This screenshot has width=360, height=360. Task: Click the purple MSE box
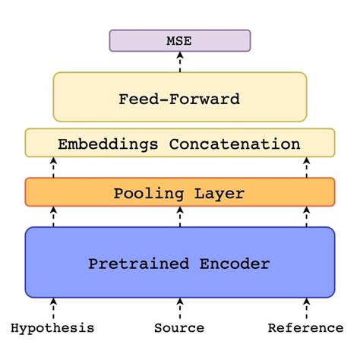click(179, 40)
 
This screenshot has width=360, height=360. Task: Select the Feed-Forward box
click(179, 98)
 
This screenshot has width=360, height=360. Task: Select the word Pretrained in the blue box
click(139, 264)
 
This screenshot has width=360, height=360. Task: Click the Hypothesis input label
click(53, 328)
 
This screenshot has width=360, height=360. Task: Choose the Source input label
click(179, 328)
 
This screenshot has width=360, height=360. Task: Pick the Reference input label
click(306, 328)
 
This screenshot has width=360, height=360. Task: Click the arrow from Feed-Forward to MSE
click(179, 62)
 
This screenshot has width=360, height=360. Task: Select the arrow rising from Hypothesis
click(53, 308)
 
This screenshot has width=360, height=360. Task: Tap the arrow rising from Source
click(179, 308)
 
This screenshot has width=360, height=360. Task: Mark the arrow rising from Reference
click(306, 308)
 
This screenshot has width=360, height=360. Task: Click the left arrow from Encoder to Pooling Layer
click(53, 216)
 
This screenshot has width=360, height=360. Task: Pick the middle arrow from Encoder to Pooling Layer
click(179, 216)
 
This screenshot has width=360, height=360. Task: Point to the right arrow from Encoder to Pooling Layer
click(306, 216)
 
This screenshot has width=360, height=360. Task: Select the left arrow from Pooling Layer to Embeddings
click(53, 167)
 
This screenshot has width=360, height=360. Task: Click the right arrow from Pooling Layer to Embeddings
click(306, 167)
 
